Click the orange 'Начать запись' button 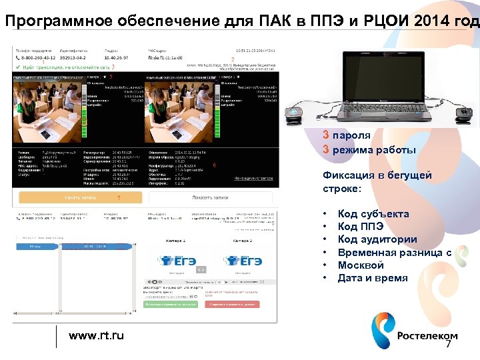point(81,198)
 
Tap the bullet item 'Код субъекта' point(373,214)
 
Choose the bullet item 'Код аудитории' point(377,239)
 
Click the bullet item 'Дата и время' point(373,278)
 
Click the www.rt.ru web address point(97,335)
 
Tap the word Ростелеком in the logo point(427,335)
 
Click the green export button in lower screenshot point(171,304)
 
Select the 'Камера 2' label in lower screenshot point(242,239)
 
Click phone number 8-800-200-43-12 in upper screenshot point(39,58)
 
